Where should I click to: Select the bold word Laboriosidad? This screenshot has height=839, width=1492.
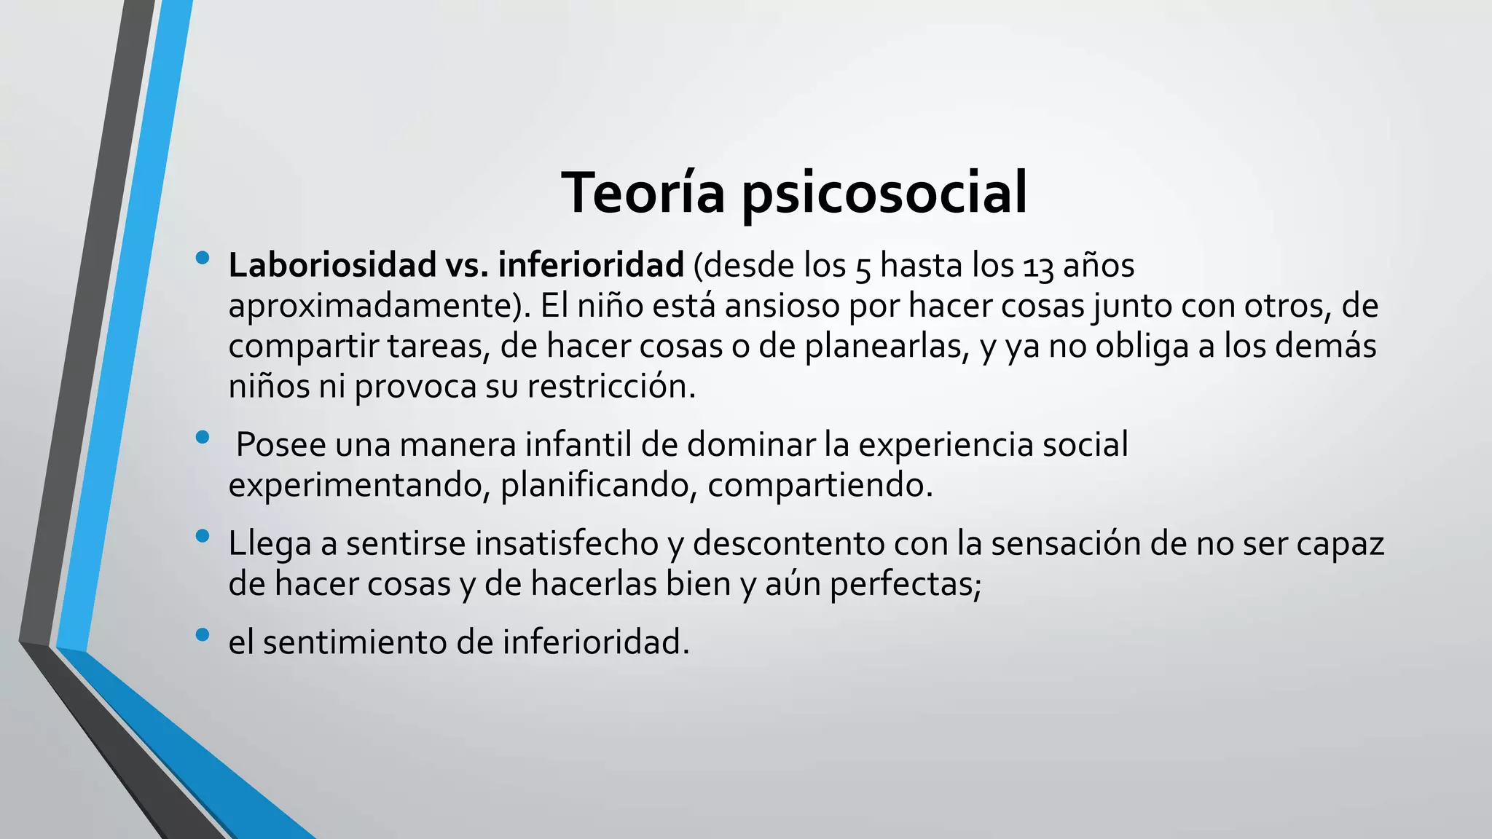(x=332, y=265)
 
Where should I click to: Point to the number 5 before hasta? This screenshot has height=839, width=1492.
(x=863, y=267)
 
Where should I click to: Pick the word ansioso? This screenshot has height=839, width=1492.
(x=782, y=306)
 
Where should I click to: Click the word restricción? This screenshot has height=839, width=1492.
(x=611, y=386)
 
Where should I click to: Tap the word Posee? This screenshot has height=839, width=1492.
(x=280, y=444)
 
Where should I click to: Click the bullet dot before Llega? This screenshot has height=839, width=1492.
(x=203, y=537)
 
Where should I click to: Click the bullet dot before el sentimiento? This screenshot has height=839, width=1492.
(x=203, y=635)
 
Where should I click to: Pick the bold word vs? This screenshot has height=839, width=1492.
(x=467, y=265)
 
